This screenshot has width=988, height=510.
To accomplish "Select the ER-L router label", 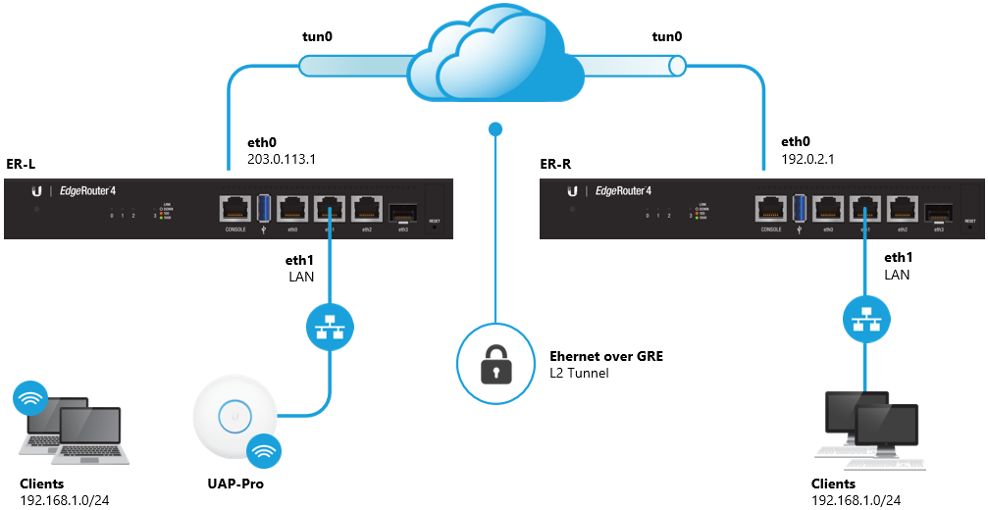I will tap(21, 162).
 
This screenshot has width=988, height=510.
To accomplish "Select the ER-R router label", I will tap(555, 162).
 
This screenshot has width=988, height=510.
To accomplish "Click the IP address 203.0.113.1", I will tap(264, 157).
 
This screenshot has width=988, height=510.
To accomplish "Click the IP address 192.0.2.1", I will tap(807, 157).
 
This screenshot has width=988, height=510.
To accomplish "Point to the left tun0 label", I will tap(316, 36).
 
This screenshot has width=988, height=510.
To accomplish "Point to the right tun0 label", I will tap(667, 36).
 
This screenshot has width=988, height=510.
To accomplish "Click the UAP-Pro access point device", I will tap(234, 416).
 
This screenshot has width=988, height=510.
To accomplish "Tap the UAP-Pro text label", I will tap(234, 484).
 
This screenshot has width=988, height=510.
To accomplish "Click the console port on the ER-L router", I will tap(235, 208).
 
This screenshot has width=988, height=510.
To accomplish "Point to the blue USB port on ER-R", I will tap(800, 208).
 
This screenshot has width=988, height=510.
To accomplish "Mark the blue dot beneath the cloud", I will tap(495, 128).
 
